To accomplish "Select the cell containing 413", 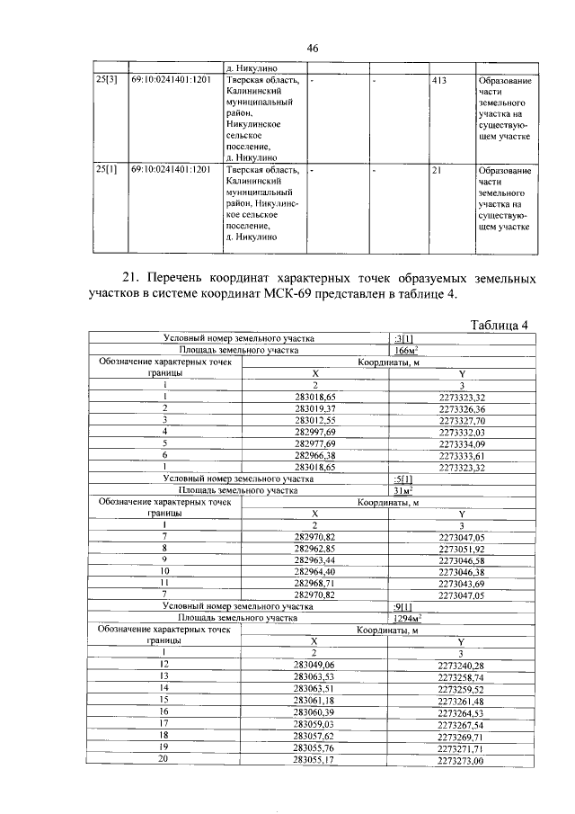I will point(439,80).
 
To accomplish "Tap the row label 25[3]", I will point(107,80).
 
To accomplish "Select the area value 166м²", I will point(409,350).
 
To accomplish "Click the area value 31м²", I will point(404,491).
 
